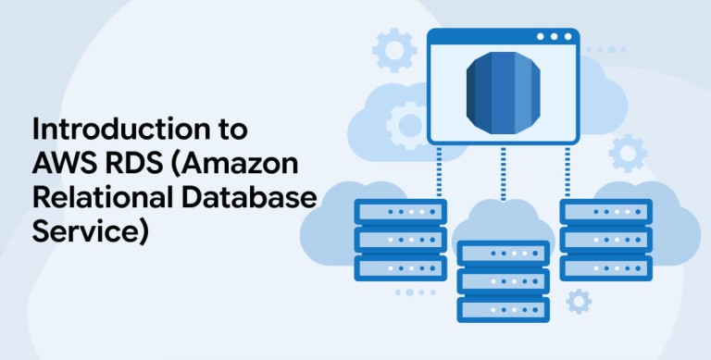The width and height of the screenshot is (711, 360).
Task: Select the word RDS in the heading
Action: (133, 163)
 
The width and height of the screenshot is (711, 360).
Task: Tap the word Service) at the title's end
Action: (91, 233)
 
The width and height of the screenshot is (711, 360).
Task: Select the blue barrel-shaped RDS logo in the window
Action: (503, 93)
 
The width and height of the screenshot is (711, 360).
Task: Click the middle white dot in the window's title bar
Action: (554, 37)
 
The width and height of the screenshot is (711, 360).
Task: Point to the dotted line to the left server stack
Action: (439, 172)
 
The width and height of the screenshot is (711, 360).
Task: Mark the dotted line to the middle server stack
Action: (503, 173)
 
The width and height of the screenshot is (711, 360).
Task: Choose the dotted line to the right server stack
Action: (568, 172)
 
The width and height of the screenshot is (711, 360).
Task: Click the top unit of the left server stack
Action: (400, 212)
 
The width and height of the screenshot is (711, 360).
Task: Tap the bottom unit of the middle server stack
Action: (504, 310)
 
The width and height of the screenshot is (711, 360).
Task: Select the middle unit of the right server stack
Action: (606, 240)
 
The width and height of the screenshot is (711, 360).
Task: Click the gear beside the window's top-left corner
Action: (394, 50)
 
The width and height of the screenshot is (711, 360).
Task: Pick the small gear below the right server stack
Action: (579, 302)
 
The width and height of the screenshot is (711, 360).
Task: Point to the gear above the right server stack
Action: (628, 154)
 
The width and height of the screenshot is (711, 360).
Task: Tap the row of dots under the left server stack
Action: (416, 292)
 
